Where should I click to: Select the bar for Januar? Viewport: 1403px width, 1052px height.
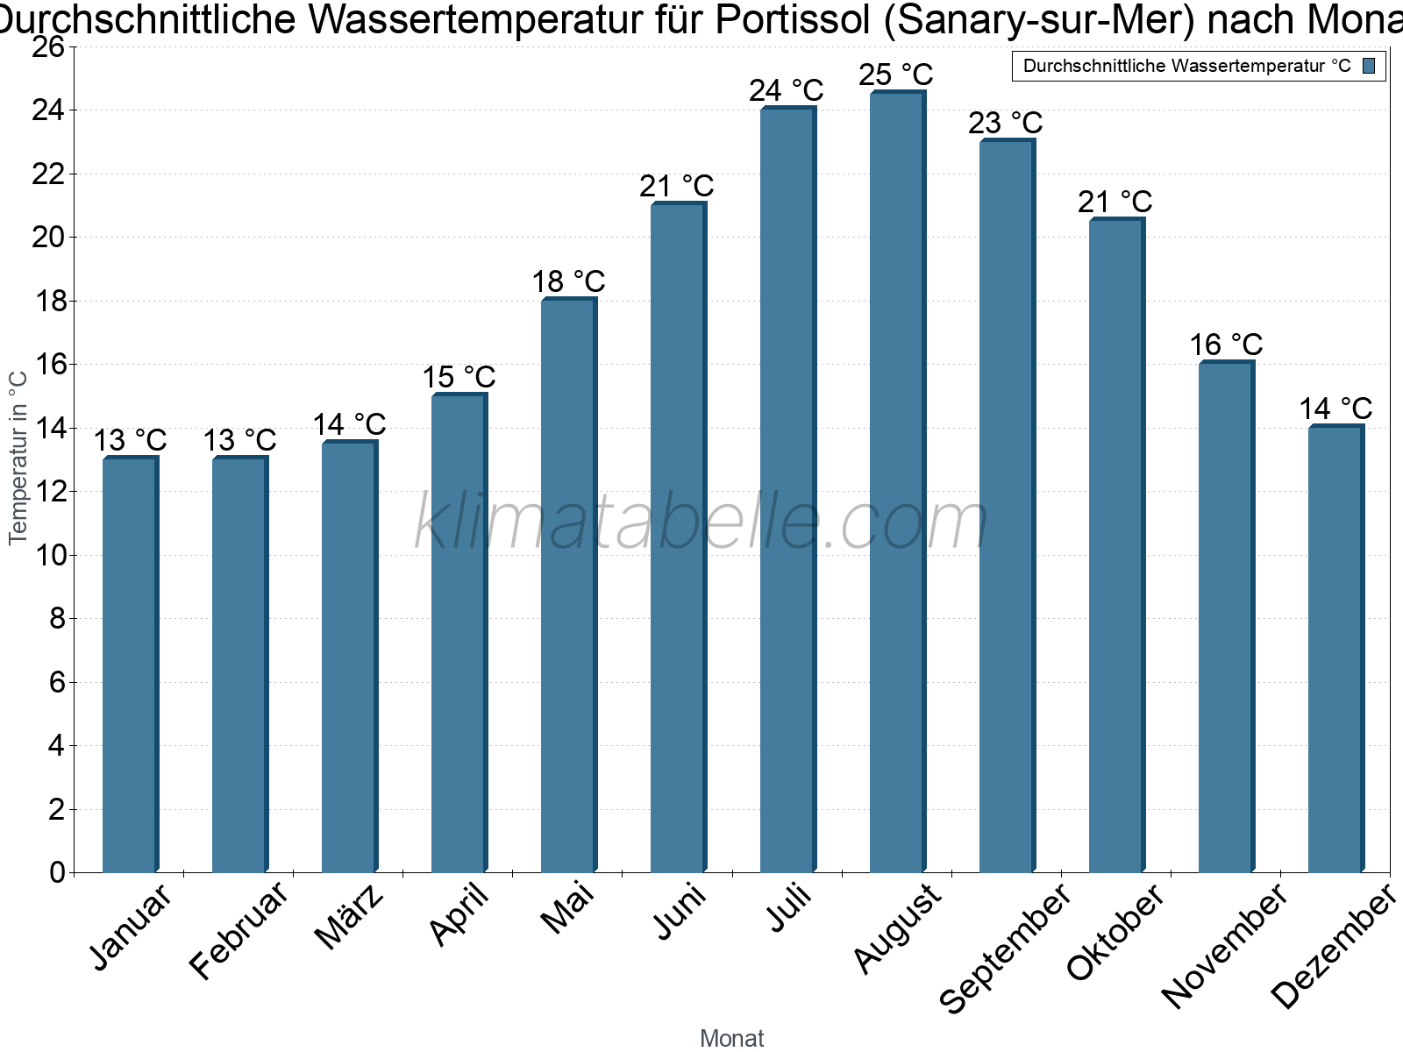131,664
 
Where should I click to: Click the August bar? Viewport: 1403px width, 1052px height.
898,481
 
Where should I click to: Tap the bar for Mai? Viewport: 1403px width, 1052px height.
569,585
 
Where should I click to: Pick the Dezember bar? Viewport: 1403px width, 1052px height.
1336,648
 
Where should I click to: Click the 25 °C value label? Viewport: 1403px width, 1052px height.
896,75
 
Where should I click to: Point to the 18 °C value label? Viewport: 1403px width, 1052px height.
568,281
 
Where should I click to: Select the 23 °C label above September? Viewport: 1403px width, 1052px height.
1006,123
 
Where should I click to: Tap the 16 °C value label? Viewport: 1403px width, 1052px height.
1226,345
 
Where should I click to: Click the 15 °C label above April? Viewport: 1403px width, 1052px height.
459,377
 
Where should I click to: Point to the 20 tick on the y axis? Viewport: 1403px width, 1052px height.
48,238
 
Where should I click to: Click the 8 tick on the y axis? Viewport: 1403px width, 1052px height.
58,618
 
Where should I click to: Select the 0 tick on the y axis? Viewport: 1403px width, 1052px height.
58,872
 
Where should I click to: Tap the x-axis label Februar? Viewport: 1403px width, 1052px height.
238,931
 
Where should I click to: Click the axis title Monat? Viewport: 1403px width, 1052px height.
732,1038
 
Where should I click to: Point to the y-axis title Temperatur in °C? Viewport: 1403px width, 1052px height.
18,458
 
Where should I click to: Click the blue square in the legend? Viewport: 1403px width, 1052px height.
1369,66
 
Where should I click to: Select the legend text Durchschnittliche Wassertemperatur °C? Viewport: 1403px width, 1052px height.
1187,66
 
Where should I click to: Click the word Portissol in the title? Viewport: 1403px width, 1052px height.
793,19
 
